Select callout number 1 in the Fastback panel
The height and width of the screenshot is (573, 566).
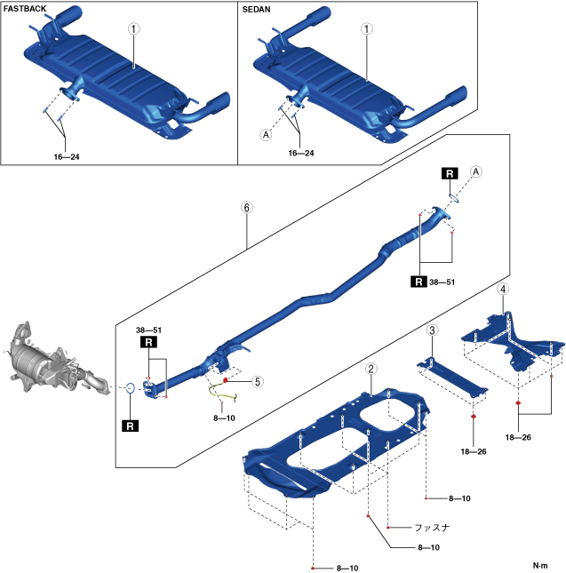point(134,28)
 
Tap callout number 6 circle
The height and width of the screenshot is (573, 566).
point(247,207)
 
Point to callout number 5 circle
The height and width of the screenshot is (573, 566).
point(257,381)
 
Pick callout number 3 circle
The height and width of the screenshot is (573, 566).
point(432,330)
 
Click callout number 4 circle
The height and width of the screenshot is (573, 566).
point(504,290)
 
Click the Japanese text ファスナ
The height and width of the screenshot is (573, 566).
point(431,527)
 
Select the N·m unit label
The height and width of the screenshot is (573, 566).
point(540,565)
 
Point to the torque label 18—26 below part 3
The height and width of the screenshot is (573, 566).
point(474,451)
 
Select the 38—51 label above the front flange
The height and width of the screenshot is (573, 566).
point(147,330)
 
